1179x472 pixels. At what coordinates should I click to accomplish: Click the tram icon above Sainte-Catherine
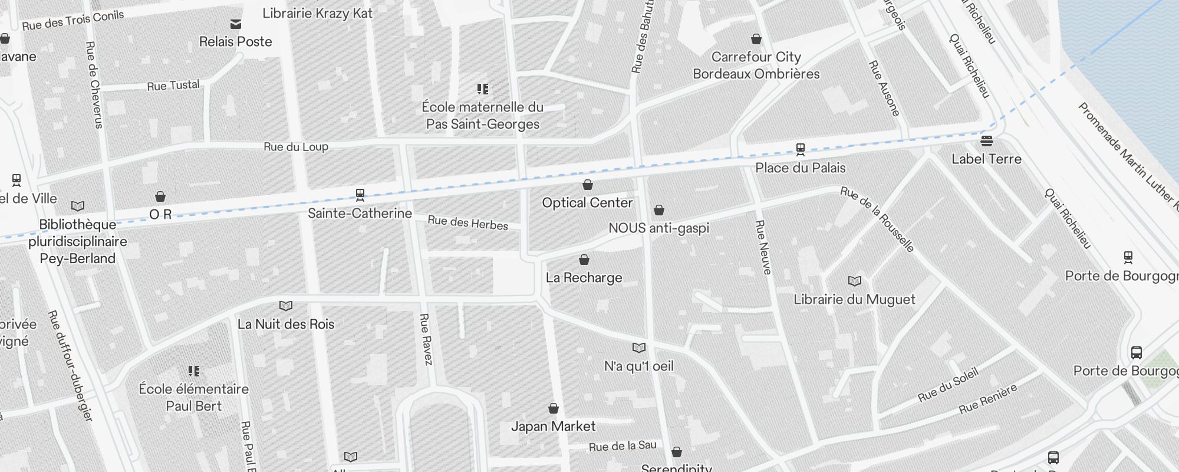[x=360, y=194]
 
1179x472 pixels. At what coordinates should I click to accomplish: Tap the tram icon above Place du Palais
[x=800, y=149]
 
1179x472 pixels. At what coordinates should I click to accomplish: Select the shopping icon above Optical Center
[x=587, y=185]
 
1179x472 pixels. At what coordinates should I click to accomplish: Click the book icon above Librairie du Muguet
[x=854, y=281]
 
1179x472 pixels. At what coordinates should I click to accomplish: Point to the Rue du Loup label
[x=295, y=147]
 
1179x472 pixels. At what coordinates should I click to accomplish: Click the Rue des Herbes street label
[x=467, y=222]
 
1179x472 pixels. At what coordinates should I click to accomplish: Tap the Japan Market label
[x=553, y=427]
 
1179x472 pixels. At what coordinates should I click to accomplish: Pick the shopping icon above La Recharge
[x=584, y=260]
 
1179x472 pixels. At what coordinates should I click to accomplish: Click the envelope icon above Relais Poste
[x=235, y=24]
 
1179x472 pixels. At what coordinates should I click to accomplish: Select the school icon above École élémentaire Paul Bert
[x=193, y=371]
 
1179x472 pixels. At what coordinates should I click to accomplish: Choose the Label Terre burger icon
[x=986, y=141]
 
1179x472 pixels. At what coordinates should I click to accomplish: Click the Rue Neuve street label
[x=763, y=247]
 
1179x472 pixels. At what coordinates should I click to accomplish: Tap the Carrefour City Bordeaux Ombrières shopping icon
[x=756, y=40]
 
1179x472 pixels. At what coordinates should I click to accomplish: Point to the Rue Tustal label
[x=173, y=86]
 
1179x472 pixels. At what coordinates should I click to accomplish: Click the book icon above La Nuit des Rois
[x=285, y=306]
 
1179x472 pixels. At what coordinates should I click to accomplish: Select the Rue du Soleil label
[x=947, y=385]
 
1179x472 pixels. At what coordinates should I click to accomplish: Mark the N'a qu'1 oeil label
[x=638, y=366]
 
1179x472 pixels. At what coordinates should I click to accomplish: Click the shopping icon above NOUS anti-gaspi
[x=658, y=210]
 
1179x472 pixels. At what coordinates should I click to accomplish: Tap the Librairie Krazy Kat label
[x=317, y=13]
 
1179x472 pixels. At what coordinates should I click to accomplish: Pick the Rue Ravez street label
[x=426, y=339]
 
